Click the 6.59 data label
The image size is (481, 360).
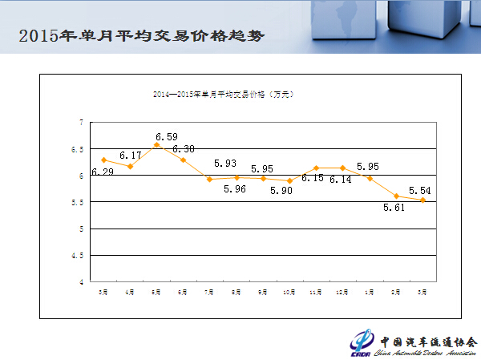point(167,137)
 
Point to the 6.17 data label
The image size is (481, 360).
point(131,155)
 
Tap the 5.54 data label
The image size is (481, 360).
point(421,191)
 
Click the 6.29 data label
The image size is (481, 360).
point(102,172)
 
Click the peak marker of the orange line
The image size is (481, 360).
point(157,145)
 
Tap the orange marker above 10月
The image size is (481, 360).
point(289,181)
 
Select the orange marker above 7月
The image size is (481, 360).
point(210,179)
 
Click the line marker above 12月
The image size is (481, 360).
point(343,168)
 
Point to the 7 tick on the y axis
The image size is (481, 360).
point(82,123)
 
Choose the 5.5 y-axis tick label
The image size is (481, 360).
point(79,203)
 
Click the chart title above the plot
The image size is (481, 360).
point(224,95)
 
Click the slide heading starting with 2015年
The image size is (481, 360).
point(140,36)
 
